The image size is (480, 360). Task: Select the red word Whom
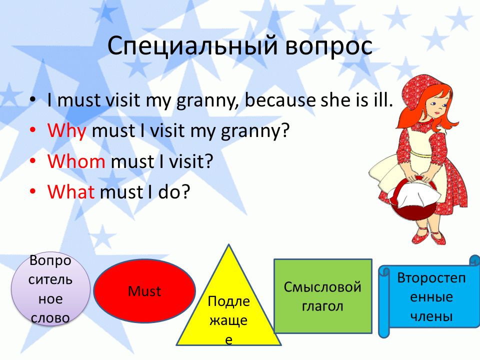pyautogui.click(x=76, y=161)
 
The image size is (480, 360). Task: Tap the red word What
pyautogui.click(x=71, y=191)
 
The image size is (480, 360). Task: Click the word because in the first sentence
pyautogui.click(x=280, y=100)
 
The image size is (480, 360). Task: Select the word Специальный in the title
pyautogui.click(x=192, y=45)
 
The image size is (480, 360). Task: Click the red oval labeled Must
pyautogui.click(x=144, y=291)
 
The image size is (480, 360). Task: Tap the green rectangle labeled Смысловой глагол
pyautogui.click(x=323, y=296)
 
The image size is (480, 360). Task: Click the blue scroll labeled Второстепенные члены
pyautogui.click(x=428, y=296)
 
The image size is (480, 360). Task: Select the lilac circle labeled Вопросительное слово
pyautogui.click(x=50, y=288)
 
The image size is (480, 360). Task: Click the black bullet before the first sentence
pyautogui.click(x=33, y=99)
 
